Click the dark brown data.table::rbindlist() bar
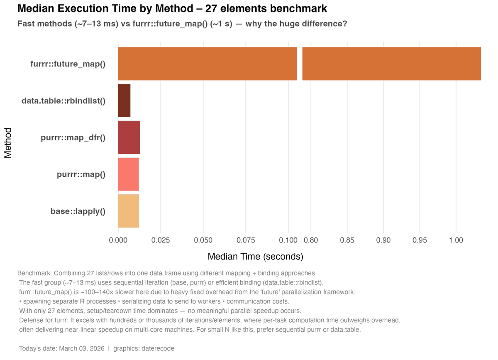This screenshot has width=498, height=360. pyautogui.click(x=124, y=100)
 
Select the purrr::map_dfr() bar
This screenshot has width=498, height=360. pyautogui.click(x=129, y=137)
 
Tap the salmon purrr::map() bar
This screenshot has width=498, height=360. pyautogui.click(x=128, y=174)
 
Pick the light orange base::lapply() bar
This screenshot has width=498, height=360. pyautogui.click(x=128, y=211)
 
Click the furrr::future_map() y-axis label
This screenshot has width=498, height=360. pyautogui.click(x=68, y=64)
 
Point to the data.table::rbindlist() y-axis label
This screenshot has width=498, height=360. pyautogui.click(x=63, y=100)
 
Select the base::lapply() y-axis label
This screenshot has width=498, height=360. pyautogui.click(x=78, y=211)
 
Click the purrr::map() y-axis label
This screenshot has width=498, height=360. pyautogui.click(x=81, y=174)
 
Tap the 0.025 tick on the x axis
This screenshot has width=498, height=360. pyautogui.click(x=161, y=240)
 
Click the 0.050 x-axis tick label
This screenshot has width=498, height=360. pyautogui.click(x=203, y=240)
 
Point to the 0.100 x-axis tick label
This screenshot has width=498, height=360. pyautogui.click(x=288, y=240)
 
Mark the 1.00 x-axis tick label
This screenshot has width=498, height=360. pyautogui.click(x=456, y=240)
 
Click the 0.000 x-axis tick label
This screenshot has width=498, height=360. pyautogui.click(x=118, y=240)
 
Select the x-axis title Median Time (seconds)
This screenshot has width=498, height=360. pyautogui.click(x=255, y=257)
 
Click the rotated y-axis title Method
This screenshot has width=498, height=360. pyautogui.click(x=8, y=143)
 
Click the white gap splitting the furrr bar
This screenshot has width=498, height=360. pyautogui.click(x=300, y=64)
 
